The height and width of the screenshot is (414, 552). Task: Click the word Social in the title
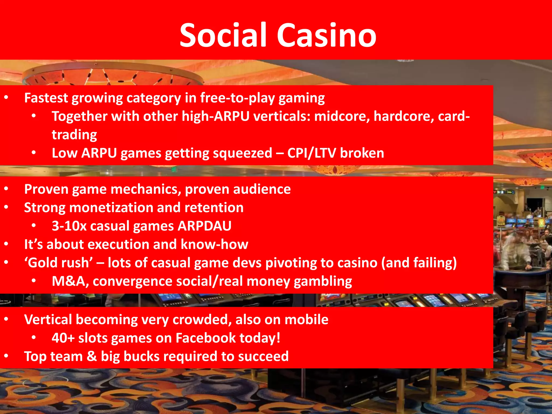[223, 35]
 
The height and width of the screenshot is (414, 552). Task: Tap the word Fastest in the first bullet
[46, 98]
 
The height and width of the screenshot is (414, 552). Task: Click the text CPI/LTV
[312, 153]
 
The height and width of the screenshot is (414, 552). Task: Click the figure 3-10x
[69, 226]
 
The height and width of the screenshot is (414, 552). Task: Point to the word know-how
[214, 244]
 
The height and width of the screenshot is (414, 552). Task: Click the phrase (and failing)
[419, 263]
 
